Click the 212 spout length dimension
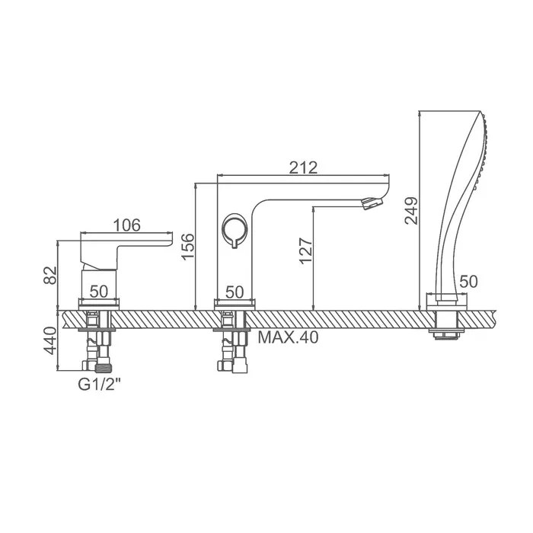pos(303,168)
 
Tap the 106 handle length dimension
pos(126,225)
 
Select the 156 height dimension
pos(188,247)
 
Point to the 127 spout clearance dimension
pos(305,251)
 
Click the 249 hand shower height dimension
pos(411,211)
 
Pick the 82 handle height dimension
pos(50,276)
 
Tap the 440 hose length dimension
pos(50,340)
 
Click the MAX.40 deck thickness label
pos(289,337)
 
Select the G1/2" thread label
pos(99,385)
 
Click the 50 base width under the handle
pos(99,292)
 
